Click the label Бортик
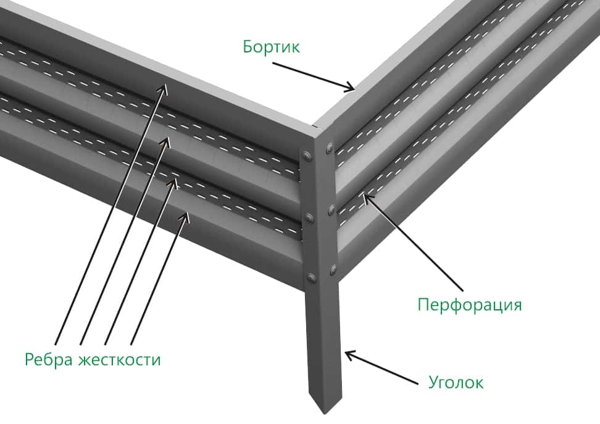[x=272, y=47]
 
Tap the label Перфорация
[x=470, y=306]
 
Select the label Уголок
[x=456, y=382]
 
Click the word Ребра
[x=49, y=360]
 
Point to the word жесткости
[x=119, y=360]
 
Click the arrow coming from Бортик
[x=314, y=77]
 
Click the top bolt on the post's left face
[x=306, y=156]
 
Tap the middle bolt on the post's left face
[x=309, y=218]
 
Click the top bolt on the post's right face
[x=328, y=148]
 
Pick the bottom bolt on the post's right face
[x=333, y=270]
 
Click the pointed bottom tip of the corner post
[x=325, y=414]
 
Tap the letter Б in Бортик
[x=248, y=46]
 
